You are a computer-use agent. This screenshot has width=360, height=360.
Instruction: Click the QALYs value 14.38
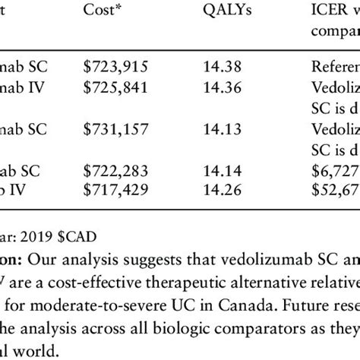pyautogui.click(x=223, y=65)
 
